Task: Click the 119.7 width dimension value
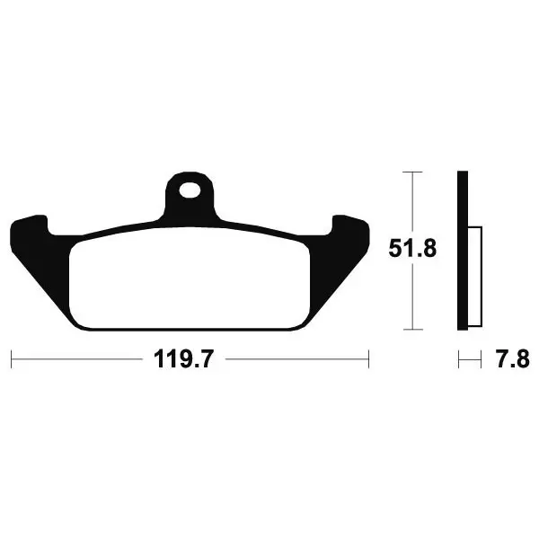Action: pyautogui.click(x=184, y=359)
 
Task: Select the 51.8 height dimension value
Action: pyautogui.click(x=412, y=249)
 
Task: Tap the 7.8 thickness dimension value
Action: pyautogui.click(x=513, y=359)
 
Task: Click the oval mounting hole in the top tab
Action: pyautogui.click(x=190, y=190)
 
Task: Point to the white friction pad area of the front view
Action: pyautogui.click(x=190, y=278)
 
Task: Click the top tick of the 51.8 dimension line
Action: pyautogui.click(x=412, y=172)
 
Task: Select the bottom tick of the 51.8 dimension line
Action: pyautogui.click(x=412, y=330)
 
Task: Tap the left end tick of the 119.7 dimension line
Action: pyautogui.click(x=12, y=359)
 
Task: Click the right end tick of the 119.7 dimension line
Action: pyautogui.click(x=368, y=359)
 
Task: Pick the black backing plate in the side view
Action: pyautogui.click(x=463, y=251)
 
